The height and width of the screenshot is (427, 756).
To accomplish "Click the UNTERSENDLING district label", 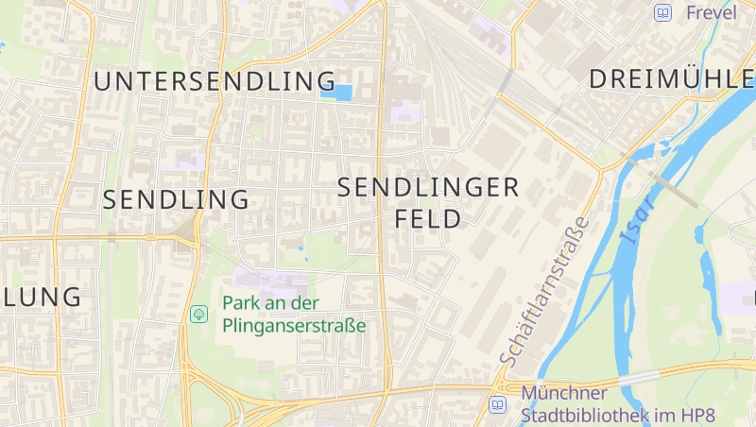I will pyautogui.click(x=215, y=81).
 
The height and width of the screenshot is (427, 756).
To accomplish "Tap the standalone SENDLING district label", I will pyautogui.click(x=176, y=200).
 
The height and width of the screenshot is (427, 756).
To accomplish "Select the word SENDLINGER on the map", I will pyautogui.click(x=428, y=188).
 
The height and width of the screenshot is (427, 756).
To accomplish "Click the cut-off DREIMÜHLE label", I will pyautogui.click(x=671, y=80).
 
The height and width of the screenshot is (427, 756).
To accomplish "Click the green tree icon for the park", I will pyautogui.click(x=198, y=314).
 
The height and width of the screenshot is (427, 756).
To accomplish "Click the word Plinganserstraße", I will pyautogui.click(x=294, y=326).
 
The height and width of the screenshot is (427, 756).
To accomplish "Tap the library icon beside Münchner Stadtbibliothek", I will pyautogui.click(x=497, y=405).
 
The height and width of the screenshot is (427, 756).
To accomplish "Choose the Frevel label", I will pyautogui.click(x=711, y=12).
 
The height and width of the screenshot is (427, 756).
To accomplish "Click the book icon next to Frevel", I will pyautogui.click(x=663, y=12).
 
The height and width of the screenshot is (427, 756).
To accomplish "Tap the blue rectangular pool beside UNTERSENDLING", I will pyautogui.click(x=336, y=92).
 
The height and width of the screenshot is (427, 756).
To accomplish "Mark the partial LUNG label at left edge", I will pyautogui.click(x=42, y=297).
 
